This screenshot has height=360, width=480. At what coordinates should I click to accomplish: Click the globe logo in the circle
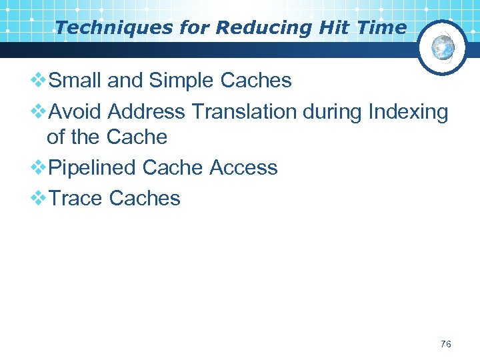coord(443,47)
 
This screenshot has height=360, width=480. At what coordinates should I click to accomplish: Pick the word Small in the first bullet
coord(75,81)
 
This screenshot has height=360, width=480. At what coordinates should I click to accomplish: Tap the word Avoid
coord(77,112)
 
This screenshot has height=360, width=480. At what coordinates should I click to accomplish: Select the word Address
coord(147,112)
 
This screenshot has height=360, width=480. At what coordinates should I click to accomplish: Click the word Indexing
coord(408,112)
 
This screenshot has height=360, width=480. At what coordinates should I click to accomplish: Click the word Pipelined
coord(95,167)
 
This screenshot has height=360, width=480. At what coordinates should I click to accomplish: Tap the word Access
coord(243,167)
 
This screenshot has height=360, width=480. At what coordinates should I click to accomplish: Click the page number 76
coord(445,344)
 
